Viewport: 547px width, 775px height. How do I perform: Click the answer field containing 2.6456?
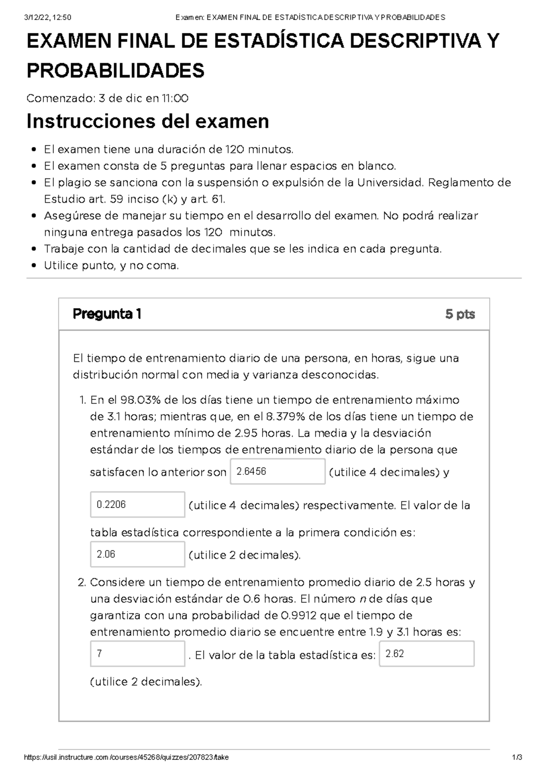[278, 471]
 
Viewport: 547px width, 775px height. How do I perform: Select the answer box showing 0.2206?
[138, 504]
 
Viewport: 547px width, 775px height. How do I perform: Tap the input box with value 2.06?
[138, 554]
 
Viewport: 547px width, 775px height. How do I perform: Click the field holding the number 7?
[138, 654]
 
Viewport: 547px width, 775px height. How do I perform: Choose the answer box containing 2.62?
[427, 654]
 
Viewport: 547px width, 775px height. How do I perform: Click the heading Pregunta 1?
[107, 314]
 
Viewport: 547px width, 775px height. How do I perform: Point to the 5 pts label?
[460, 314]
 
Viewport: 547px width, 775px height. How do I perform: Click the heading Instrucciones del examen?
[148, 121]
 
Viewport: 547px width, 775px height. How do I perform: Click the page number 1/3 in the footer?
[516, 757]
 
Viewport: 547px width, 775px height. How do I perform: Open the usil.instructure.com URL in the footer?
[126, 757]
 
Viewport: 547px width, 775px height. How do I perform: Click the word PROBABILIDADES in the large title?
[116, 71]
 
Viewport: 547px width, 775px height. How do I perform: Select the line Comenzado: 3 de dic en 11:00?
[108, 98]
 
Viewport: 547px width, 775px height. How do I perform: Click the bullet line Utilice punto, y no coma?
[111, 265]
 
